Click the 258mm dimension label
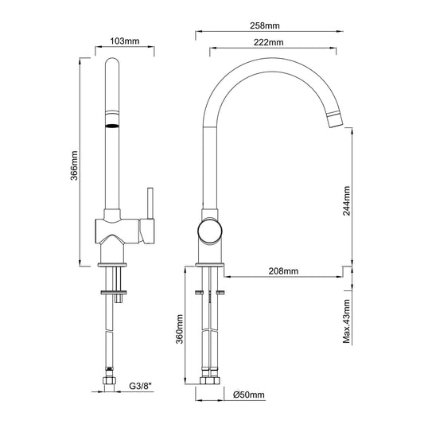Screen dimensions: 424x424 pos(265,25)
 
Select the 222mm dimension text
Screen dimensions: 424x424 pos(269,42)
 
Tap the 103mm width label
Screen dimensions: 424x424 pos(125,41)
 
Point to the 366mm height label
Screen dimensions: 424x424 pos(74,165)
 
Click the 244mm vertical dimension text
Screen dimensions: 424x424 pos(346,200)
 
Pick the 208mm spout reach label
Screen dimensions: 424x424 pos(283,271)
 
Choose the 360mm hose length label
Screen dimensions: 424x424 pos(179,329)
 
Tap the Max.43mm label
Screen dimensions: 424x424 pos(346,321)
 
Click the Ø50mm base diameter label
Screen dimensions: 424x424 pos(248,395)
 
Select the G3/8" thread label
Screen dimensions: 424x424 pos(141,386)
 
